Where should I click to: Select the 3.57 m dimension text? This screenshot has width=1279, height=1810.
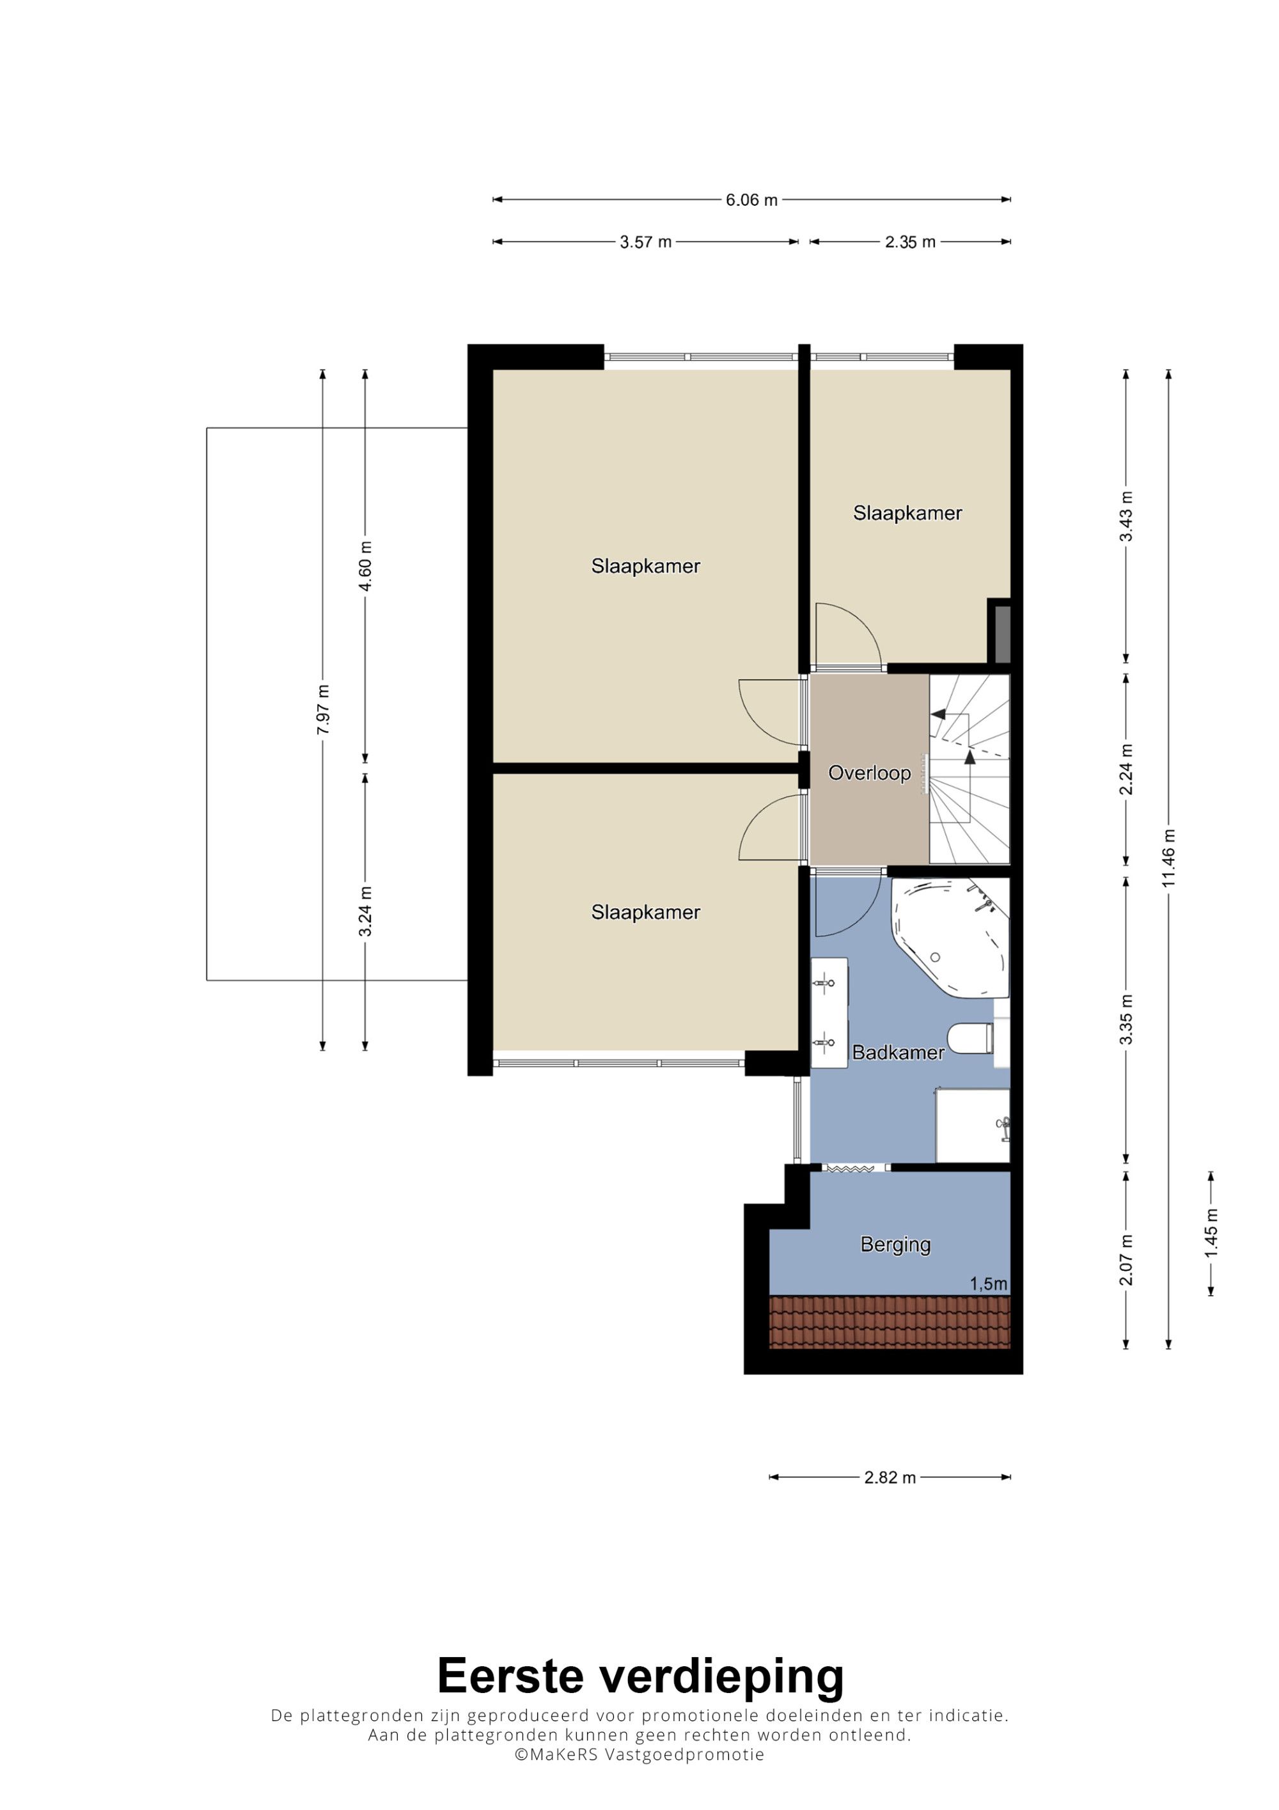point(645,242)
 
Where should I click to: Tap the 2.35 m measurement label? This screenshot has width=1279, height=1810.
point(910,242)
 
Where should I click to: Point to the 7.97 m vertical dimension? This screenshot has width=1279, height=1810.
point(323,709)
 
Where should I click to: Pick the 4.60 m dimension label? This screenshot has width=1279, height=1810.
point(366,566)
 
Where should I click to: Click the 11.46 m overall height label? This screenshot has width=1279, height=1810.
point(1168,858)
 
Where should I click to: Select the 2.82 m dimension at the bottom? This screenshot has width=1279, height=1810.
point(890,1477)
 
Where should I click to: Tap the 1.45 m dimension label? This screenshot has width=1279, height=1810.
point(1211,1233)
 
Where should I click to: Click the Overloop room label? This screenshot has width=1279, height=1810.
point(869,773)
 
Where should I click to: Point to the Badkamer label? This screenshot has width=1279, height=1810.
point(898,1052)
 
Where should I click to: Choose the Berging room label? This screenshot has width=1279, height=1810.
point(895,1244)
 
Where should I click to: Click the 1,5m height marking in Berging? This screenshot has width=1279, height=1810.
point(988,1284)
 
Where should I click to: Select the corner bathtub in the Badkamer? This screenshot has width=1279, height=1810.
point(950,938)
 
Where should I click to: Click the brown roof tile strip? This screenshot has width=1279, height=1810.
point(890,1322)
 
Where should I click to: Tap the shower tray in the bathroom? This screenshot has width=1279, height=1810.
point(973,1126)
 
